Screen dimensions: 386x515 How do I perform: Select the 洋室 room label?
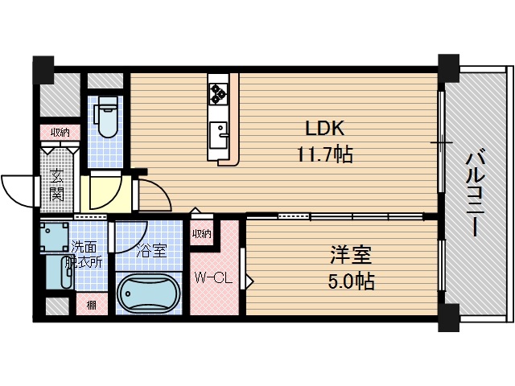[x=351, y=257]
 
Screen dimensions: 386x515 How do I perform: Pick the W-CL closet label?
[x=213, y=277]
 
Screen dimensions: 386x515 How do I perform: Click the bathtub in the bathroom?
[x=150, y=294]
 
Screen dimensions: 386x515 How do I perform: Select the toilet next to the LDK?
[x=105, y=118]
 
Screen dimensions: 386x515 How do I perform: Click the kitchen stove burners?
[x=219, y=94]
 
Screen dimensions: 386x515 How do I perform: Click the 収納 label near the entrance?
[x=60, y=132]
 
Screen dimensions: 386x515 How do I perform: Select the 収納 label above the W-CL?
[x=201, y=234]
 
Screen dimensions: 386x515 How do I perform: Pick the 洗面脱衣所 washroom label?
[x=87, y=253]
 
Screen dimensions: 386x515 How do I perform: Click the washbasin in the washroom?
[x=57, y=273]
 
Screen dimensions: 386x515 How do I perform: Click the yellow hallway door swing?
[x=105, y=193]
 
